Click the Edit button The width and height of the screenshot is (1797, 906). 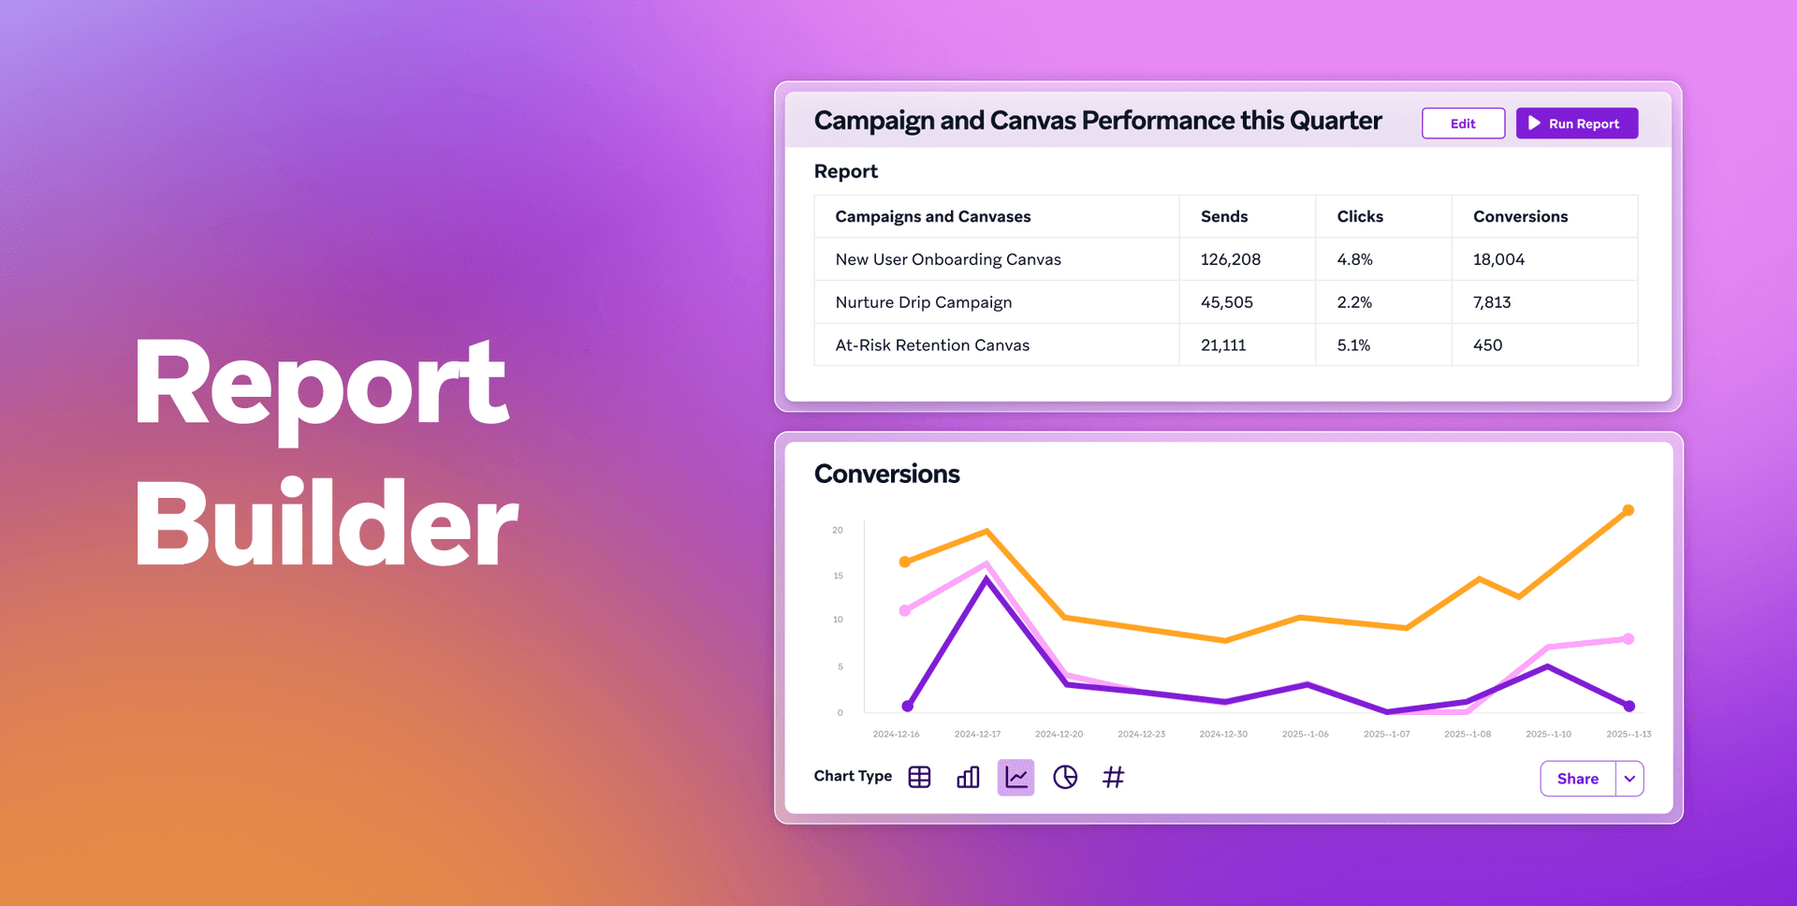1463,124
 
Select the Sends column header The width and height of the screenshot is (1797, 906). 1223,216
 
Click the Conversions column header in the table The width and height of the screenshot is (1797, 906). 1520,216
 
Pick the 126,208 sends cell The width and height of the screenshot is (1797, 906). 1230,259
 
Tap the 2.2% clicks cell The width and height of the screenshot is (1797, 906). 1354,302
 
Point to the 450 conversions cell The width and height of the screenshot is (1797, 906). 1487,345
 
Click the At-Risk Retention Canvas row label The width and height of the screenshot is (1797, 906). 932,345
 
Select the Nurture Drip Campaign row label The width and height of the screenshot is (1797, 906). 923,302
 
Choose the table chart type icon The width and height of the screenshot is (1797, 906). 919,777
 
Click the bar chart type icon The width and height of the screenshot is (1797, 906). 968,777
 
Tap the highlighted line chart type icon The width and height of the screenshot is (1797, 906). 1015,777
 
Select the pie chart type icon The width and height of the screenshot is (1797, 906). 1065,777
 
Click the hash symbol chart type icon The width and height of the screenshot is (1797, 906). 1113,777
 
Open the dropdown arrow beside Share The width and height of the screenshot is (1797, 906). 1629,779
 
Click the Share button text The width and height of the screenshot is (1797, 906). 1577,779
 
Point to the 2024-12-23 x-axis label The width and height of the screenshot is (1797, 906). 1141,734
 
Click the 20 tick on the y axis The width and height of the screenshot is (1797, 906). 838,530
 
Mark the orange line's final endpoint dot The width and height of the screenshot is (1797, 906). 1629,510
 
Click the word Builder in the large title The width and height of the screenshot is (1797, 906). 326,524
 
